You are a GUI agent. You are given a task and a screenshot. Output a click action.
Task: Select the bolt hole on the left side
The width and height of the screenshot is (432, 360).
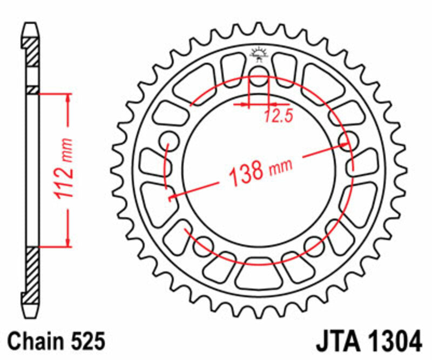[x=169, y=139]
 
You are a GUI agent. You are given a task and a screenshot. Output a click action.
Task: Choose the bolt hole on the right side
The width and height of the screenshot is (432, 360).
[x=349, y=139]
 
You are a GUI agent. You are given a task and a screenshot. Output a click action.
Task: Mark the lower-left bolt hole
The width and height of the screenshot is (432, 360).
[x=203, y=246]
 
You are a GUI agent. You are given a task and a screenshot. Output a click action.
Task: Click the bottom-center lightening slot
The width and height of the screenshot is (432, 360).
[x=259, y=274]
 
